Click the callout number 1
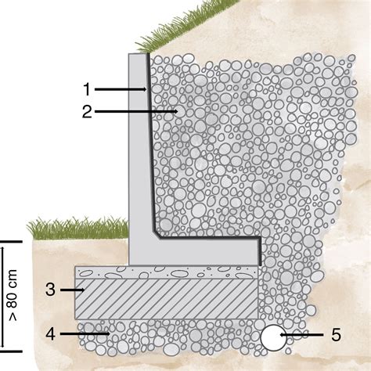point(87,89)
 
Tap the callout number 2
point(87,112)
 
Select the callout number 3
point(50,290)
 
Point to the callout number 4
point(50,334)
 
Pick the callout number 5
point(336,335)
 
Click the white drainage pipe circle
point(273,337)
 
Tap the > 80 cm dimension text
point(13,295)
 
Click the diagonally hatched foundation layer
point(167,299)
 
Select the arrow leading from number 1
point(121,89)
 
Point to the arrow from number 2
point(136,111)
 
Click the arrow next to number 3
point(72,290)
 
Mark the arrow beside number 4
point(85,333)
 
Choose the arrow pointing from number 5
point(301,335)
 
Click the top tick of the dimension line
point(11,242)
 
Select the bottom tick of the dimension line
point(11,351)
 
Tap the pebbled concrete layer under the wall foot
point(167,272)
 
